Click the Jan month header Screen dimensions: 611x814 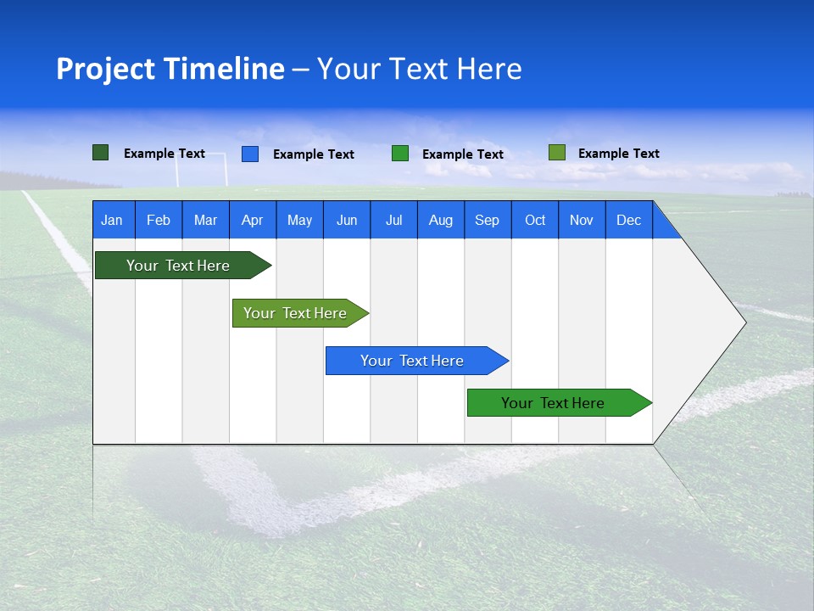113,220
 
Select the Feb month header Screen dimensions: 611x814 159,220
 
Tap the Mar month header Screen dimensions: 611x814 205,220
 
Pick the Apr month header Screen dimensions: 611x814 253,220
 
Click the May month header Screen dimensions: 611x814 299,220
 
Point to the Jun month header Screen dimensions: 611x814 347,220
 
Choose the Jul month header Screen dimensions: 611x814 393,220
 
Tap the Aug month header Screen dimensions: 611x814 441,220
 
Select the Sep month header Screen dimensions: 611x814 488,220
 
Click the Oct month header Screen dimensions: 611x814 535,220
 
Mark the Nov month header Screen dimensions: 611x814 582,220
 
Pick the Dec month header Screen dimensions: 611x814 629,220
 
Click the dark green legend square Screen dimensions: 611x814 101,153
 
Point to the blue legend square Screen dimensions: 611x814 250,154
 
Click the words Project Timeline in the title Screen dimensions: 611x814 170,69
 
